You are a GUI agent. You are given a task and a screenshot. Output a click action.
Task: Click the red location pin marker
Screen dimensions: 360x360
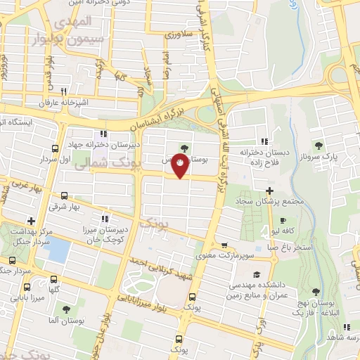click(x=181, y=166)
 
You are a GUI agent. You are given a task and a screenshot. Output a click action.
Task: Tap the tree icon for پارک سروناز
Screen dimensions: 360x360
click(x=319, y=146)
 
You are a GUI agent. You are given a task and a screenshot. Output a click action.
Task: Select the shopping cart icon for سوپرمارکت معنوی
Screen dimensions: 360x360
click(x=224, y=245)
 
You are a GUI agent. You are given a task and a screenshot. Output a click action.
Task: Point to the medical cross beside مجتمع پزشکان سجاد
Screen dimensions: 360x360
click(x=270, y=191)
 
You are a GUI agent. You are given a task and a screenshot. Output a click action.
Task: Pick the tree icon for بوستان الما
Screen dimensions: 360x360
click(x=66, y=309)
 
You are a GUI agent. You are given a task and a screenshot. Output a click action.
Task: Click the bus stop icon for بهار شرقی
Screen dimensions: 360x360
click(x=65, y=196)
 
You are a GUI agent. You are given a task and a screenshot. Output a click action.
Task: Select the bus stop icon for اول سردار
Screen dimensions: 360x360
click(x=56, y=149)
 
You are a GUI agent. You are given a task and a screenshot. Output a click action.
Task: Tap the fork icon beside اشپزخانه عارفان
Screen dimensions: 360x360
click(x=64, y=91)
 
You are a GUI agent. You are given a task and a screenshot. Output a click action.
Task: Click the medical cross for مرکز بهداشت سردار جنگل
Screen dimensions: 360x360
click(x=30, y=221)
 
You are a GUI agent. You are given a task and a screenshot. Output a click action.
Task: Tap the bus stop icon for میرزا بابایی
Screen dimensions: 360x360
click(x=27, y=287)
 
